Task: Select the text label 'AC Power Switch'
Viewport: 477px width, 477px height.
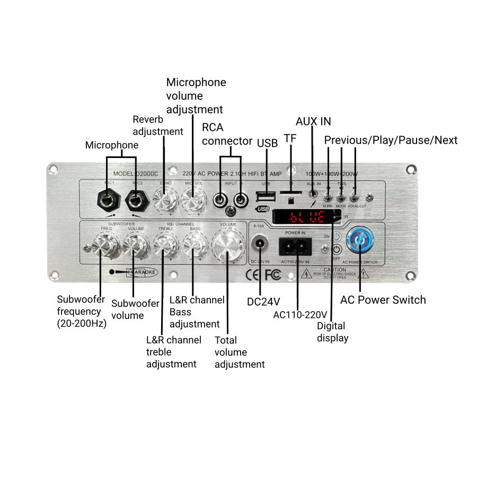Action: (x=383, y=300)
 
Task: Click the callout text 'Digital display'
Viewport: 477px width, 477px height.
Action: (x=332, y=332)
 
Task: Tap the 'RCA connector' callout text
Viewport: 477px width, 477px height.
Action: (x=227, y=134)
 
